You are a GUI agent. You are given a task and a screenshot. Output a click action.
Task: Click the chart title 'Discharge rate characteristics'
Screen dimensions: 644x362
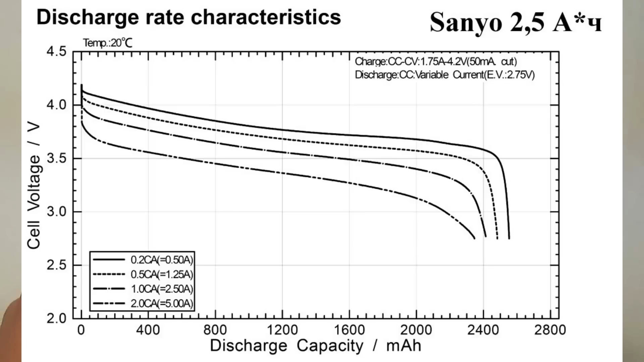[x=189, y=17]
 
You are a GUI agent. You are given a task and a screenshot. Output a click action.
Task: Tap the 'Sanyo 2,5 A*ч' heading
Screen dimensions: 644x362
[x=516, y=22]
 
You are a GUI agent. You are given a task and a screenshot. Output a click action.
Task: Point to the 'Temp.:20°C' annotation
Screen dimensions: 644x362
[x=108, y=43]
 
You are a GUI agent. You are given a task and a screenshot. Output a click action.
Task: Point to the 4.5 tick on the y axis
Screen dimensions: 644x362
[x=57, y=52]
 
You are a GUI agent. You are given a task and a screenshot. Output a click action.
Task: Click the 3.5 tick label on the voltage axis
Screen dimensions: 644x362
[x=57, y=158]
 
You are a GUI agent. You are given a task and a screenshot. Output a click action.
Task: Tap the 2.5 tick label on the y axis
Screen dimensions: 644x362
[x=57, y=265]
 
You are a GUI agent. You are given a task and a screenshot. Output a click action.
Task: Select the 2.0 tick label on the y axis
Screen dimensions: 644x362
[x=57, y=318]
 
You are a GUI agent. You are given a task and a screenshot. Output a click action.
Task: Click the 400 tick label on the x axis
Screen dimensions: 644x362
[x=148, y=330]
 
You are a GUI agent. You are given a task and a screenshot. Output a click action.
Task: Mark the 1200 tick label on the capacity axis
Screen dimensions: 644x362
[x=282, y=330]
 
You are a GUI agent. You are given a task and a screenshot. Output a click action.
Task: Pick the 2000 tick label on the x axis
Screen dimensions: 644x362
[x=416, y=330]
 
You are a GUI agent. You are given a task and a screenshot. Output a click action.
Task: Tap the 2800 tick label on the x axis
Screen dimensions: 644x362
[x=550, y=330]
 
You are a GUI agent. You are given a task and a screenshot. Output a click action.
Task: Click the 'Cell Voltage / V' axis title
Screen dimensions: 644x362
[x=34, y=186]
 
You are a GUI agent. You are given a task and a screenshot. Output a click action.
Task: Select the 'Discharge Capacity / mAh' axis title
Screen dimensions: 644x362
[x=316, y=346]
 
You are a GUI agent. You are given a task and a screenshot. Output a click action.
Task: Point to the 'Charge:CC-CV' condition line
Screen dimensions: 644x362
[x=436, y=62]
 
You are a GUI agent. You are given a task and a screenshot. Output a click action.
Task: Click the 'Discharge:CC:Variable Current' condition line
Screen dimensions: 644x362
[x=445, y=74]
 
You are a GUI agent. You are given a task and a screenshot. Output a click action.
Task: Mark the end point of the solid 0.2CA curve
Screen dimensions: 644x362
[x=509, y=238]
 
